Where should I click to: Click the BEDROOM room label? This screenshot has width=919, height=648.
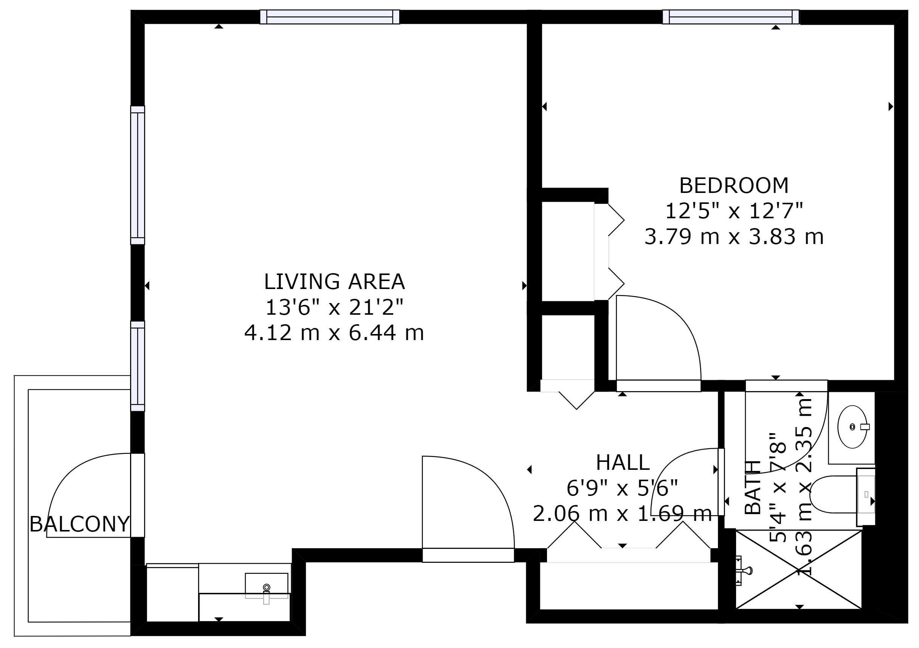pos(734,186)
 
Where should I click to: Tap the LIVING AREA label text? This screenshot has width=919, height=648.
pos(334,282)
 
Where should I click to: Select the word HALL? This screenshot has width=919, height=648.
pos(622,463)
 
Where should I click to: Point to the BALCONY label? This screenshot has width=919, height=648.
pos(80,524)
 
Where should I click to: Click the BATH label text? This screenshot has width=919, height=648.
pos(753,487)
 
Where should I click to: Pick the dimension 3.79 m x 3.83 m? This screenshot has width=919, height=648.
pos(734,237)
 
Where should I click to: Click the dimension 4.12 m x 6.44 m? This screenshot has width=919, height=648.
pos(334,333)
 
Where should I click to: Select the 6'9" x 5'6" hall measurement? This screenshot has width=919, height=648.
pos(622,488)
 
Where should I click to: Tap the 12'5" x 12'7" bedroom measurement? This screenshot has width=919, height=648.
pos(734,211)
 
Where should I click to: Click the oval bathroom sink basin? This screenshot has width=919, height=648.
pos(852,427)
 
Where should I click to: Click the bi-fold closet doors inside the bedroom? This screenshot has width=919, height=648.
pos(609,252)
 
